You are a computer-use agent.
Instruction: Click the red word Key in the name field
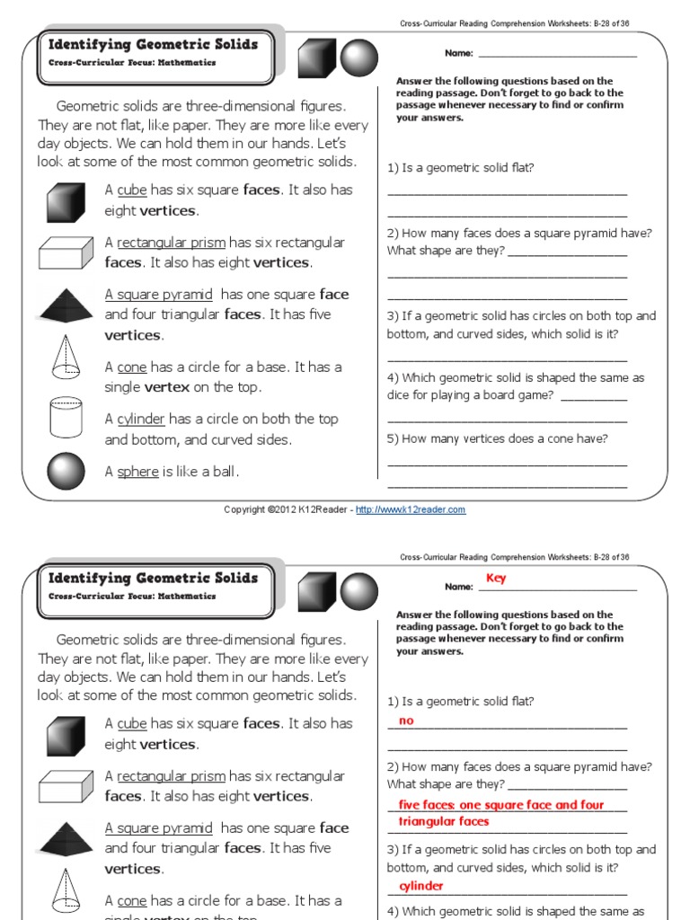(x=496, y=579)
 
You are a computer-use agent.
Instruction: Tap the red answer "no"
(x=406, y=721)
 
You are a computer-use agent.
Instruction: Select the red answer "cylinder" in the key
(x=421, y=886)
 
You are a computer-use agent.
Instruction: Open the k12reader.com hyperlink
(x=411, y=509)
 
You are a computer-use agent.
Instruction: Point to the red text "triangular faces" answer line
(x=444, y=821)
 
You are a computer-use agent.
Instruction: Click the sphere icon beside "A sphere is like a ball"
(x=66, y=471)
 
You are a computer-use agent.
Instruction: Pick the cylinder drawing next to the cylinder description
(x=66, y=417)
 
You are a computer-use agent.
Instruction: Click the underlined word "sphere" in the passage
(x=137, y=472)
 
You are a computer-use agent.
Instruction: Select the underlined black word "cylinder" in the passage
(x=141, y=420)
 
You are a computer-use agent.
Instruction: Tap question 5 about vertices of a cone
(x=498, y=438)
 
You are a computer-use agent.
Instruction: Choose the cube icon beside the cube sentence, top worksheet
(x=66, y=201)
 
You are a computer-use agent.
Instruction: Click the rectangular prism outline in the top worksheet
(x=66, y=252)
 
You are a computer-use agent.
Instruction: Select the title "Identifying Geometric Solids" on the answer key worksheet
(x=153, y=578)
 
